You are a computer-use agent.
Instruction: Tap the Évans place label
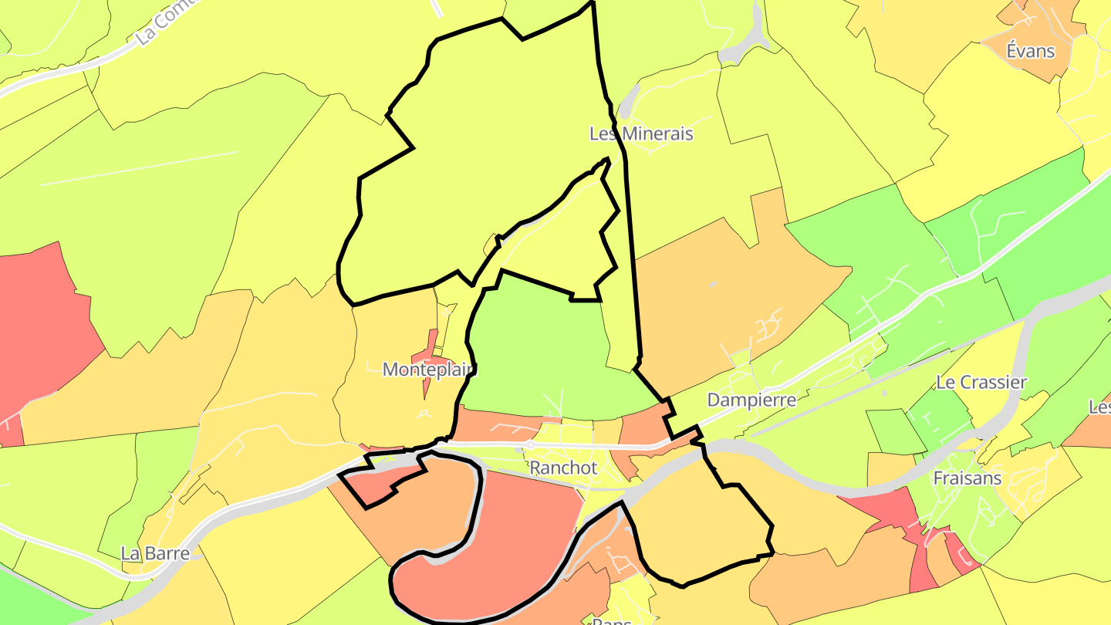(1030, 52)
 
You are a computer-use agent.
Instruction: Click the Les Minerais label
(641, 133)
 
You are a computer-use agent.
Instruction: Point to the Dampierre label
(751, 400)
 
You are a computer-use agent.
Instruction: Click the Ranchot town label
(563, 468)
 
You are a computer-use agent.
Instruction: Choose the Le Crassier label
(981, 382)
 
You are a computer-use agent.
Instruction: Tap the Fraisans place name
(967, 478)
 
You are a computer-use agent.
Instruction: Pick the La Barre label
(155, 553)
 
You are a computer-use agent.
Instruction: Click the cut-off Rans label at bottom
(612, 620)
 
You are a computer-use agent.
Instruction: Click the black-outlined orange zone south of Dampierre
(694, 525)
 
